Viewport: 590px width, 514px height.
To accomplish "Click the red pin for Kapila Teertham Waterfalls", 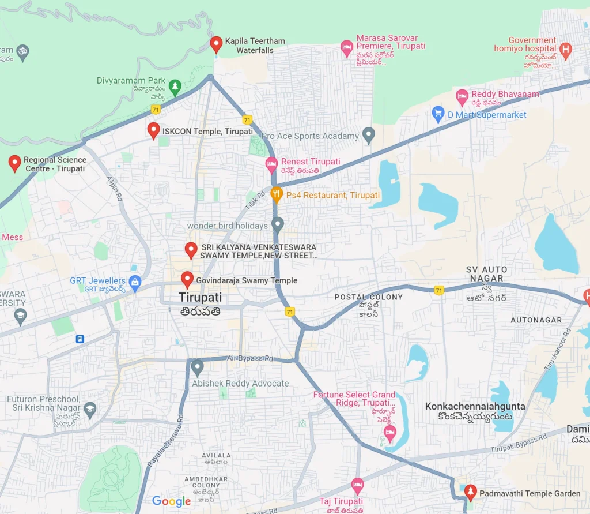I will pos(216,43).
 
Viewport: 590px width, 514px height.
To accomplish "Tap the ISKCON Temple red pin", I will pos(153,130).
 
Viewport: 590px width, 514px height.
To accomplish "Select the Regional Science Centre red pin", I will pos(15,163).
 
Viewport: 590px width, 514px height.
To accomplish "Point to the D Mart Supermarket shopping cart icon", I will pos(438,114).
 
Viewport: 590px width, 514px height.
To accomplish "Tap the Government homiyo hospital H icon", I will pos(566,50).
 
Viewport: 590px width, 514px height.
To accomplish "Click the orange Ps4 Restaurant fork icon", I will pos(277,195).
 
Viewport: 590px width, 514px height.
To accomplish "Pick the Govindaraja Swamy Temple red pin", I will pos(187,279).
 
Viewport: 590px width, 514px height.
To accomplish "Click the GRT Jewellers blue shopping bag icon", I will pos(135,282).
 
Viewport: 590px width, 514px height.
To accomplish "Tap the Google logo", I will pos(171,501).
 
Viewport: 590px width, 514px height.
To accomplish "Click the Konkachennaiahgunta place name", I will pos(475,406).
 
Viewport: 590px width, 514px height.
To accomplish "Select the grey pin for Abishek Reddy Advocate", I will pos(198,367).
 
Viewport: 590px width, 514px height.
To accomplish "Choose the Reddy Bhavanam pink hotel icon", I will pos(462,96).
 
